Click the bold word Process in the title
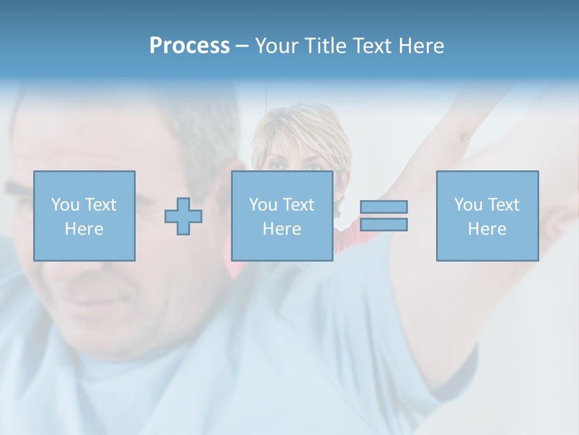pyautogui.click(x=189, y=46)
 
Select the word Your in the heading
pyautogui.click(x=277, y=46)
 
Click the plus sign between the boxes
pyautogui.click(x=183, y=216)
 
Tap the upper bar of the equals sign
pyautogui.click(x=384, y=207)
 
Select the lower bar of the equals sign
pyautogui.click(x=384, y=225)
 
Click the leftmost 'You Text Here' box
pyautogui.click(x=84, y=216)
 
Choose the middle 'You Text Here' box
pyautogui.click(x=282, y=216)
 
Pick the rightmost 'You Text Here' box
pyautogui.click(x=487, y=216)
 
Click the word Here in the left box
pyautogui.click(x=84, y=229)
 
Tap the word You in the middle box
pyautogui.click(x=263, y=205)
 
